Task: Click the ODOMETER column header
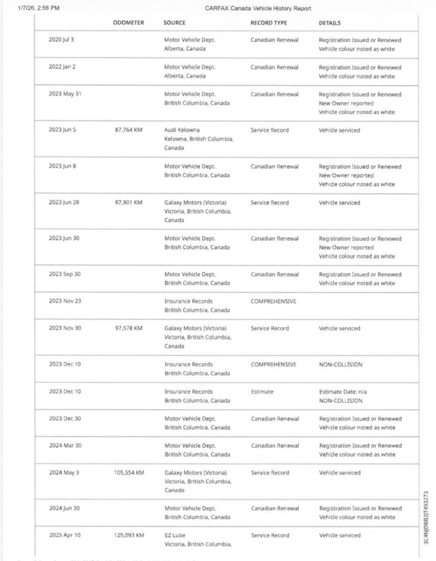(129, 23)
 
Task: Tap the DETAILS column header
(330, 23)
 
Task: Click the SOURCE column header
(175, 23)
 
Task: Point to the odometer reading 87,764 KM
(129, 130)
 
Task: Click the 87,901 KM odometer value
(129, 203)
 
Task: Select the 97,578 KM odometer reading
(129, 328)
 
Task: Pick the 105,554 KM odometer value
(129, 473)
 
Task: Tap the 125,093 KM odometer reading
(129, 535)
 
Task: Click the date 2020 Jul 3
(61, 40)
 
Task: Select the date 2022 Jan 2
(62, 67)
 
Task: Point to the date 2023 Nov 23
(65, 302)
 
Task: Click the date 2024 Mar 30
(65, 446)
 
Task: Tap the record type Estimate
(262, 392)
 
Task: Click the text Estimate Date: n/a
(343, 392)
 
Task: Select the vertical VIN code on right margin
(427, 518)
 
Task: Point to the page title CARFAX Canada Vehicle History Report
(258, 8)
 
